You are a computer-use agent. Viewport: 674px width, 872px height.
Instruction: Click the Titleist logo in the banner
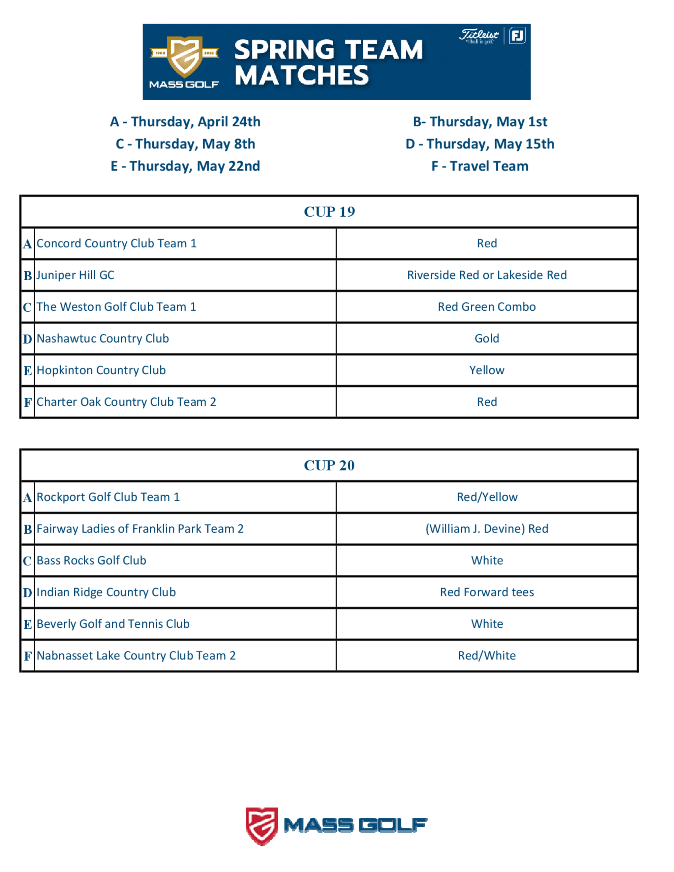point(479,36)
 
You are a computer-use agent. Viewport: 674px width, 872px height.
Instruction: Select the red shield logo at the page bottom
point(262,826)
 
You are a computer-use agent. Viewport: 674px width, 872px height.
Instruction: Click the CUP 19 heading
point(329,212)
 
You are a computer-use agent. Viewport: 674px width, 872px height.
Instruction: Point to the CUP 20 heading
point(329,465)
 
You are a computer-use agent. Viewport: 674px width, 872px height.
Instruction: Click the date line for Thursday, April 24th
point(185,122)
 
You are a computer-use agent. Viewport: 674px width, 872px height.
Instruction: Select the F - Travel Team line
point(480,166)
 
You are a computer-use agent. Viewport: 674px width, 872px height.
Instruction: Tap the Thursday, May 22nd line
point(185,166)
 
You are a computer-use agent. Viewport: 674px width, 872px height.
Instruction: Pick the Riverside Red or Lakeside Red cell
point(487,275)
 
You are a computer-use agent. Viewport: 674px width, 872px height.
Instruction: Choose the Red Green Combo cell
point(487,307)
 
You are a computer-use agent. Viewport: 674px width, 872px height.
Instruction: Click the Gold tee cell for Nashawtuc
point(487,339)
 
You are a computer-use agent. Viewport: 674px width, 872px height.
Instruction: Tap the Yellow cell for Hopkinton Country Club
point(487,370)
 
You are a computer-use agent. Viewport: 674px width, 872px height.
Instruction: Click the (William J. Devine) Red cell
point(487,529)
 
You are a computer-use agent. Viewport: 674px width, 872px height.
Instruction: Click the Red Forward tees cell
point(487,592)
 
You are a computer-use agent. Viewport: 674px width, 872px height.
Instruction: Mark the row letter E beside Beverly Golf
point(28,624)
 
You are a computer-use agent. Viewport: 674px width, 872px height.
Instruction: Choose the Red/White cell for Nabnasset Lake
point(487,656)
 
